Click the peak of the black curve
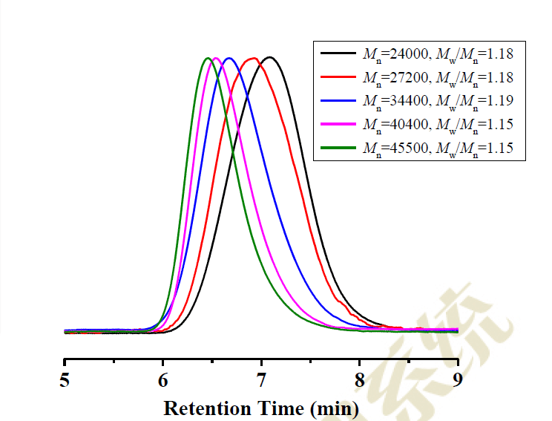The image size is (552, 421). coord(270,57)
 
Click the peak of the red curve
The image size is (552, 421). coord(254,58)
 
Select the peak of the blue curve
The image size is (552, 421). coord(229,58)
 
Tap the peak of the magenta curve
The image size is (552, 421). coord(215,58)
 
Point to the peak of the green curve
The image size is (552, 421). coord(207,58)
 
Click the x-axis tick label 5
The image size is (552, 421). coord(65,381)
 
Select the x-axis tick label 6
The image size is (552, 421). coord(163,381)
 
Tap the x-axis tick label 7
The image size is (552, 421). coord(261,381)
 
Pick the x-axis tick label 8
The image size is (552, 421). coord(359,381)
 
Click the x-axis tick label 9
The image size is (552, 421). coord(457,381)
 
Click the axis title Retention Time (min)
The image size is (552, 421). coord(261,408)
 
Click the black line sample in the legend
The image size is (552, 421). coord(338,53)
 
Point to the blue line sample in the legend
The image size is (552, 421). coord(338,100)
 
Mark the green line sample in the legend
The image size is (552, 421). coord(338,148)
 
